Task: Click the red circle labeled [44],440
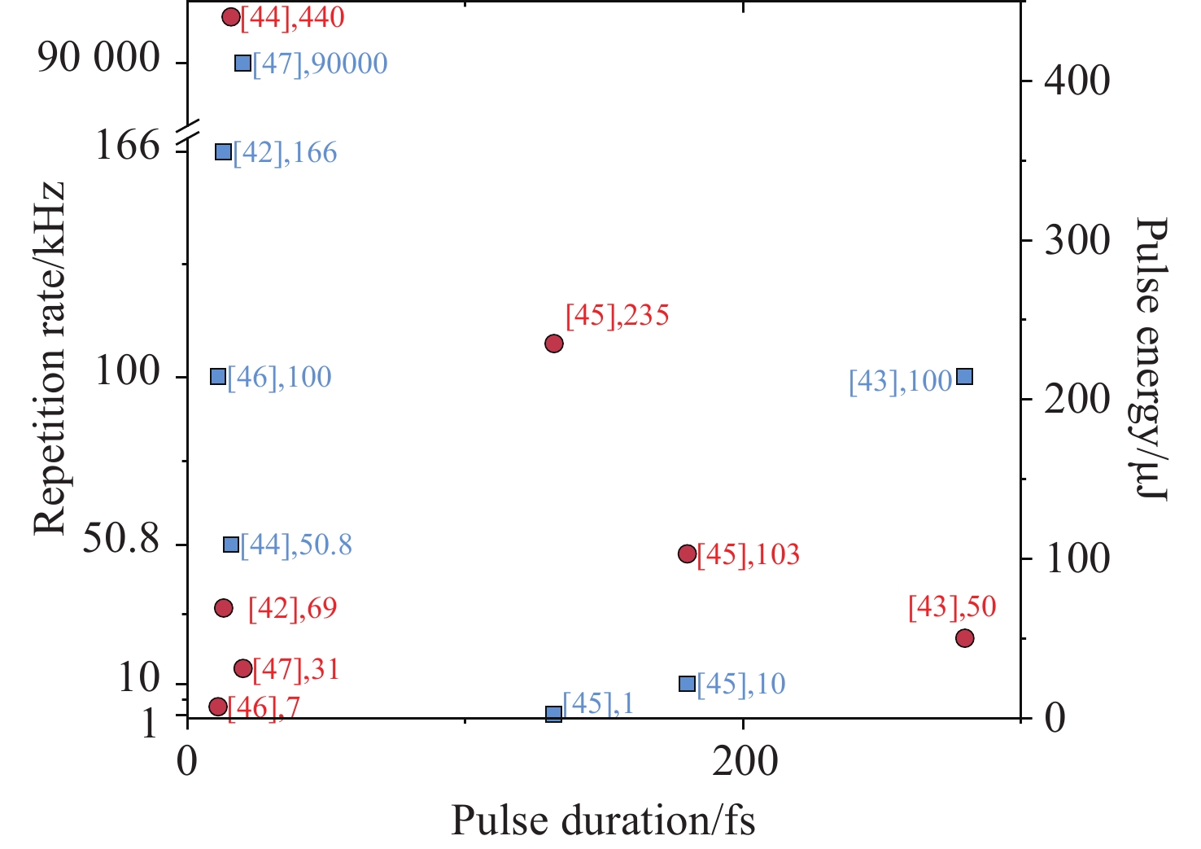[x=231, y=16]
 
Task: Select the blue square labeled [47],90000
[x=242, y=63]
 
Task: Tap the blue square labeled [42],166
[x=223, y=151]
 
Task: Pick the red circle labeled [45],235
[x=554, y=343]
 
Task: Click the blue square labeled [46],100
[x=217, y=376]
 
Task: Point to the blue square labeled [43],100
[x=964, y=376]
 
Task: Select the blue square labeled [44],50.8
[x=231, y=545]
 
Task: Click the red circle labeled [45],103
[x=687, y=554]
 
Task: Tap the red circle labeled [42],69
[x=224, y=607]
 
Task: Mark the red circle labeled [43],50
[x=964, y=637]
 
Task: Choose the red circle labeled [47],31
[x=242, y=668]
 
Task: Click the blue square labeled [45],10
[x=687, y=683]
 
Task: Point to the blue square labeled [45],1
[x=554, y=713]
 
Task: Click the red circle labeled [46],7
[x=217, y=706]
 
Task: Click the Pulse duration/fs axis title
[x=603, y=821]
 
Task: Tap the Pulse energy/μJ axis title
[x=1151, y=359]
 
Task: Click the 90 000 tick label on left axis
[x=99, y=59]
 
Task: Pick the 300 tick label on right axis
[x=1077, y=240]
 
